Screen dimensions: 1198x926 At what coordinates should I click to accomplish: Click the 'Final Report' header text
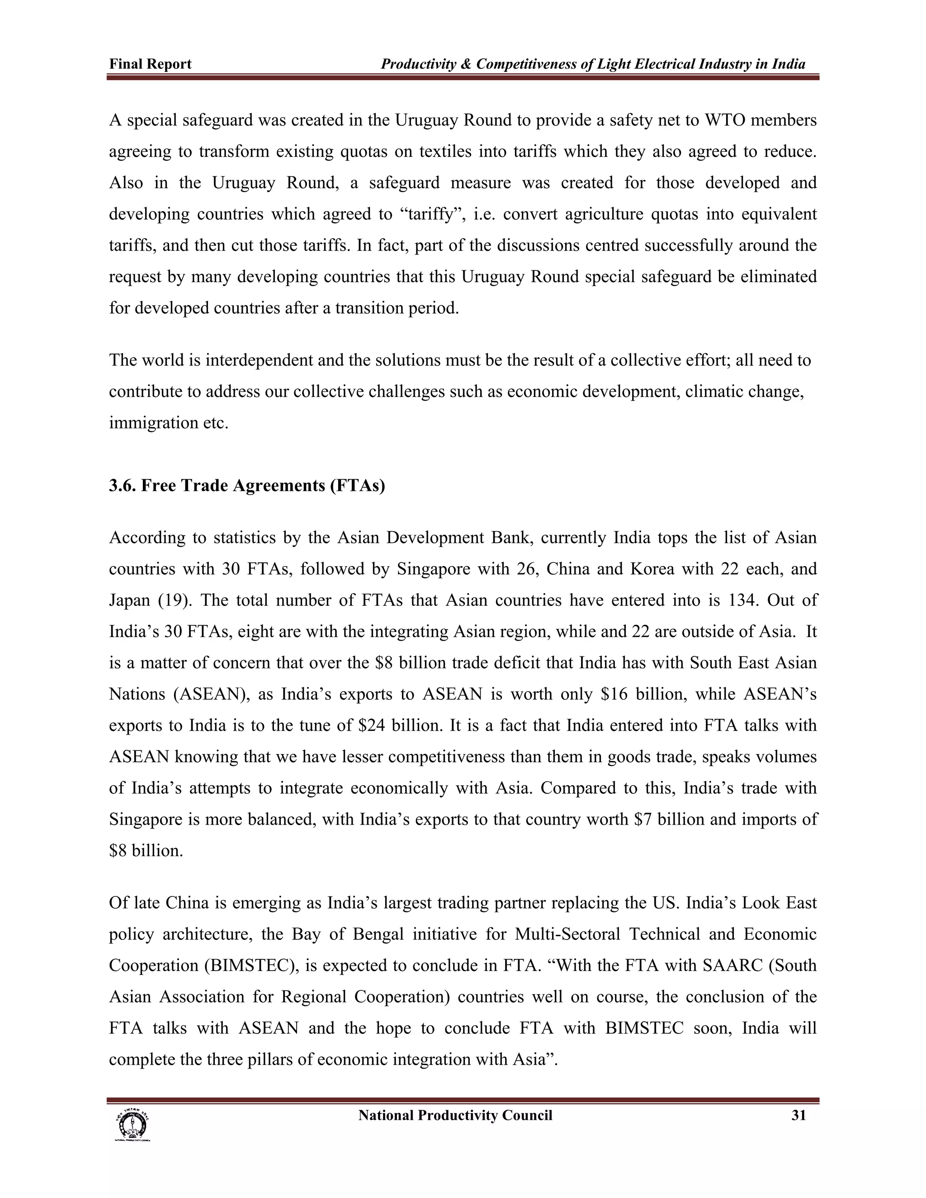[x=150, y=64]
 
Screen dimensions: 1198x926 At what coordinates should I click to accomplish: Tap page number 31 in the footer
[x=798, y=1115]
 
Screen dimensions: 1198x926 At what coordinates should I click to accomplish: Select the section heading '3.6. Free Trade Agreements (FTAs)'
[x=247, y=486]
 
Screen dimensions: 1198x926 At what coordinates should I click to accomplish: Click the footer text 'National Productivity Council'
[x=455, y=1115]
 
